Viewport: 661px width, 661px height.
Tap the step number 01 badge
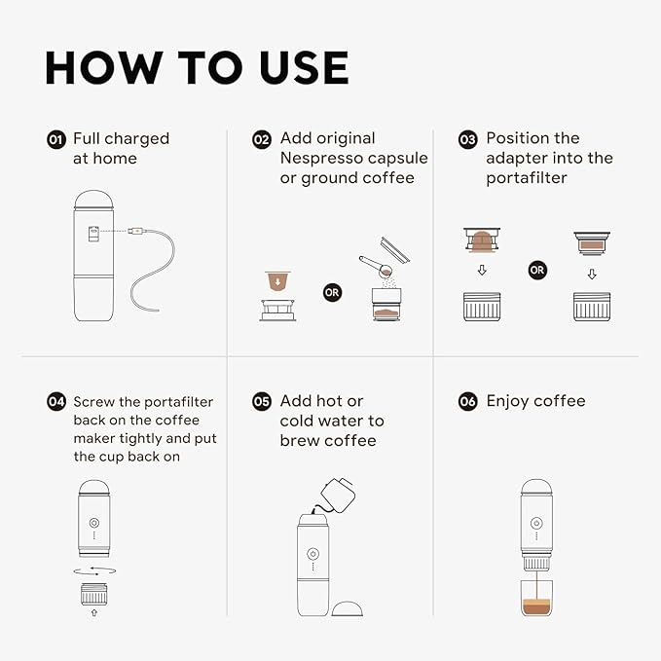56,139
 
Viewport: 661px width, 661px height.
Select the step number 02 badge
262,139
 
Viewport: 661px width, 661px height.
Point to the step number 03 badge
468,139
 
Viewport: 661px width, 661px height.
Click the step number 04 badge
56,402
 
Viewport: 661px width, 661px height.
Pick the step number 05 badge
262,401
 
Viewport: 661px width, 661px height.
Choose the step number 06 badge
468,401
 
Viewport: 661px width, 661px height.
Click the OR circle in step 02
333,291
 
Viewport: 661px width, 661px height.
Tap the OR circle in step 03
537,270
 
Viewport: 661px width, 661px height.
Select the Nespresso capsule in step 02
279,281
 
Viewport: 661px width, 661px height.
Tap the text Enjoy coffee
535,401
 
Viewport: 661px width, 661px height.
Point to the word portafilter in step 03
526,178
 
